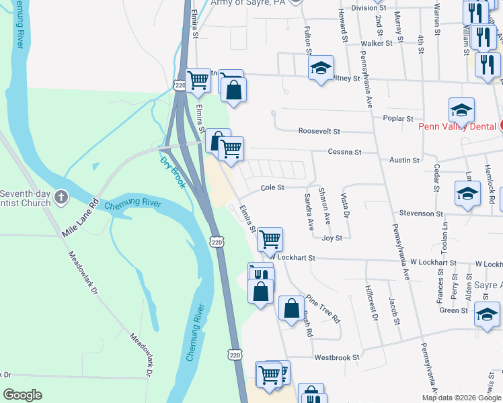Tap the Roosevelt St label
[320, 132]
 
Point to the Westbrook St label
[337, 357]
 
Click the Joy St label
[332, 238]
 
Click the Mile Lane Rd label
[80, 219]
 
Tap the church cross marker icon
[61, 197]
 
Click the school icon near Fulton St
[321, 68]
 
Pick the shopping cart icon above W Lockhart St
[270, 239]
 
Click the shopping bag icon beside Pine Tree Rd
[291, 309]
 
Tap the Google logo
[22, 395]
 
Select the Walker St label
[377, 43]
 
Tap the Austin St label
[405, 161]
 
